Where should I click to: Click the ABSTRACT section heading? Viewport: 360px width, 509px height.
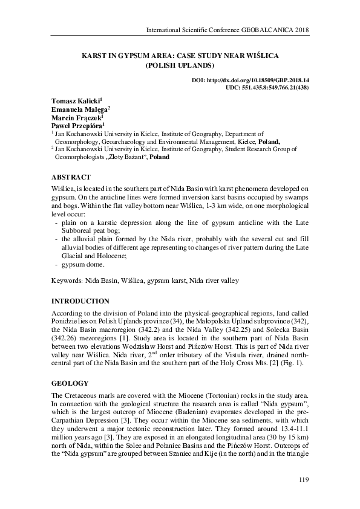[71, 177]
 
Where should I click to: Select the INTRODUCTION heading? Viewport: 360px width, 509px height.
[80, 301]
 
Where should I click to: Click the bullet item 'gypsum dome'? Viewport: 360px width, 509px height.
[82, 265]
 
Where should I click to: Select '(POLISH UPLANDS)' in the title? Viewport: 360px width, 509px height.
[180, 65]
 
